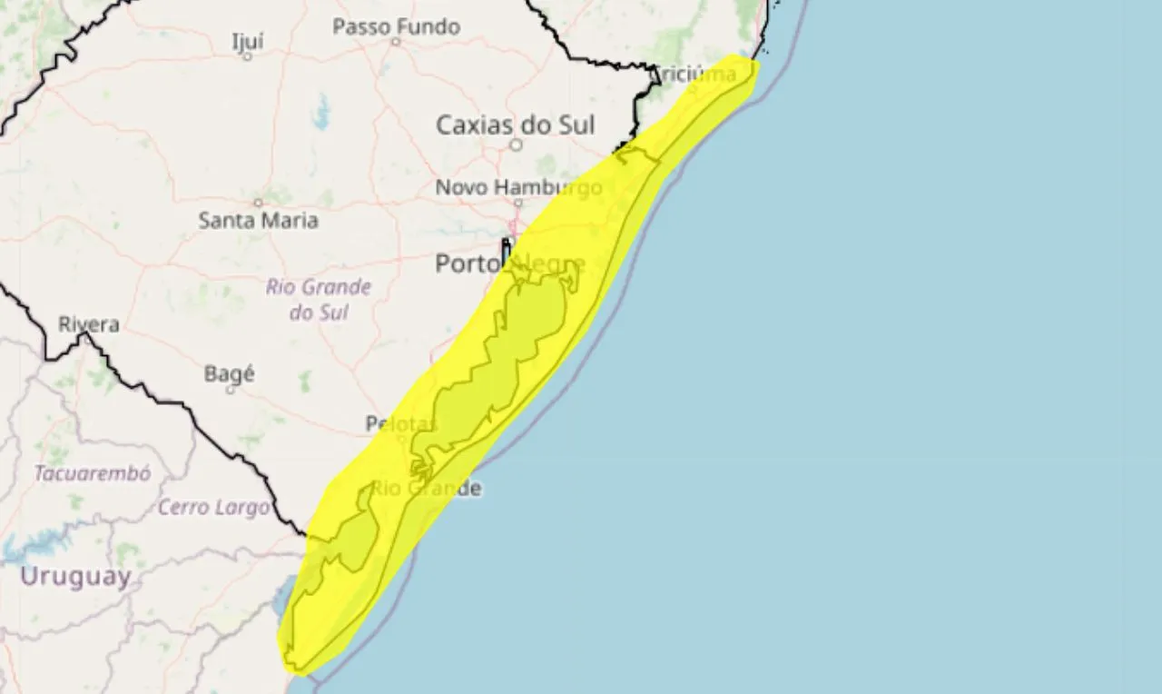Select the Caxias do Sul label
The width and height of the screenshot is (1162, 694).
coord(515,124)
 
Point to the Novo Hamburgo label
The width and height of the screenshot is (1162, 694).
coord(518,187)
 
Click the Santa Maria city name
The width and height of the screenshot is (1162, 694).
coord(258,220)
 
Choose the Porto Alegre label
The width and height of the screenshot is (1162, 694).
coord(509,263)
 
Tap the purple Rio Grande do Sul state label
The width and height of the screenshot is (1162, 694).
coord(319,300)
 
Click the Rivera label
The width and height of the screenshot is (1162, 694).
coord(89,324)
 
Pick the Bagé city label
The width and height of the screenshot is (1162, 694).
coord(230,373)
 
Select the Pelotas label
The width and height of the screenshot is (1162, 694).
coord(401,423)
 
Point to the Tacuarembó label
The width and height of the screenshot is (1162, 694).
coord(93,473)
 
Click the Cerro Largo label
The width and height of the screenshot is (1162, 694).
coord(213,507)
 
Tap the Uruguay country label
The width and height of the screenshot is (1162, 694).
coord(75,576)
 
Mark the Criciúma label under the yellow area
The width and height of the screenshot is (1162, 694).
coord(694,74)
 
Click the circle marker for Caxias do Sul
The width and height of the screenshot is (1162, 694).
coord(516,144)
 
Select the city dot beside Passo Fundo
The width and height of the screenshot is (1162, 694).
coord(396,41)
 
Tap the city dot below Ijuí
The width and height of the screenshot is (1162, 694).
coord(247,56)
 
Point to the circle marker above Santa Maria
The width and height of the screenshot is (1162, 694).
coord(258,203)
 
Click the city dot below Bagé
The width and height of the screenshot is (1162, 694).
coord(230,390)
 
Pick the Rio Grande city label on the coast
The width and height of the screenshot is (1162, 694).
coord(427,488)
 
